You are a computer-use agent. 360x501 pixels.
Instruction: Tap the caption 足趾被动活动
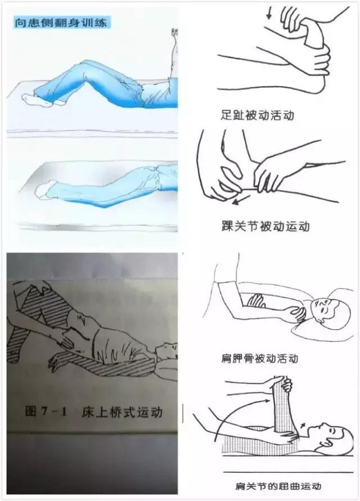click(x=257, y=116)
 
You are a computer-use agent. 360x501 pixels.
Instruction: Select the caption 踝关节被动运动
click(x=265, y=227)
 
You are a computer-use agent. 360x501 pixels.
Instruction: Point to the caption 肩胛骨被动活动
click(x=260, y=358)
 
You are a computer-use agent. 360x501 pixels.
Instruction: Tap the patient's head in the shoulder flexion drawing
click(x=332, y=435)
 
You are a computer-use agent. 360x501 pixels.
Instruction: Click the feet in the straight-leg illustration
click(x=44, y=190)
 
